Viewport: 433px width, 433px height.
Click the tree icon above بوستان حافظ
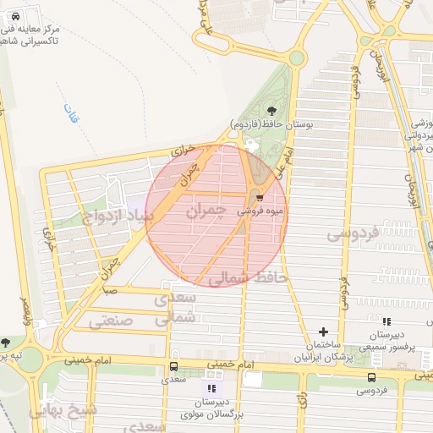tap(271, 110)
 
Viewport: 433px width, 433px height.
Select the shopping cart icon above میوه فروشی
tap(260, 194)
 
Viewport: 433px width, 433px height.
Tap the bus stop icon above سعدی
tap(173, 366)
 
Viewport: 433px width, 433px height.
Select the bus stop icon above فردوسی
tap(372, 376)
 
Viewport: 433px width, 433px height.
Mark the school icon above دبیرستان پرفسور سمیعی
tap(386, 321)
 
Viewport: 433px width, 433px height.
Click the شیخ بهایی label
tap(63, 410)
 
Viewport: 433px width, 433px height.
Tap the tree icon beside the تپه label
tap(6, 343)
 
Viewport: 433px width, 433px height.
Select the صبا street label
tap(110, 290)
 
